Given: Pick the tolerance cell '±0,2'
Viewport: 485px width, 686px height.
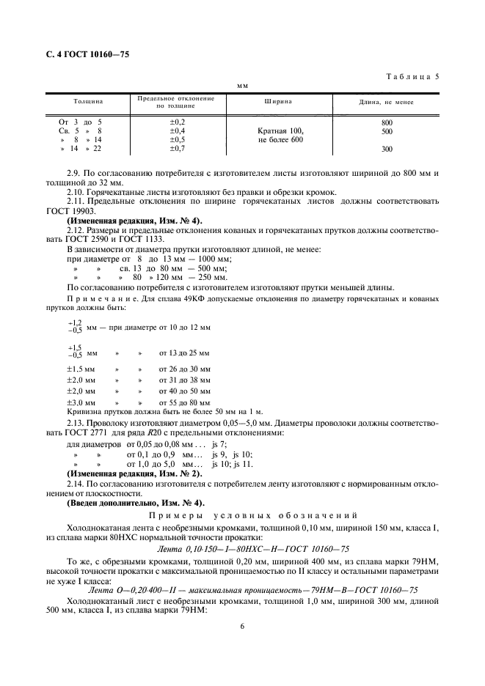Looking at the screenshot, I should click(178, 122).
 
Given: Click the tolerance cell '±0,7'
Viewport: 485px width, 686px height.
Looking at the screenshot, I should click(178, 149).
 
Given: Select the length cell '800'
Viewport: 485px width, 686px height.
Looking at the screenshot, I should click(387, 122).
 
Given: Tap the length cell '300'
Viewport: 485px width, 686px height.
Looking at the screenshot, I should click(387, 150).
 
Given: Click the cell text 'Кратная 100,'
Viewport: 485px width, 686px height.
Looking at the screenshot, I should click(275, 131).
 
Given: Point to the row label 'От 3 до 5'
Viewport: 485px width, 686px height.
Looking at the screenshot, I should click(80, 122).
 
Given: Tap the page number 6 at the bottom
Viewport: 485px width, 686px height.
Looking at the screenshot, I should click(242, 627).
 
